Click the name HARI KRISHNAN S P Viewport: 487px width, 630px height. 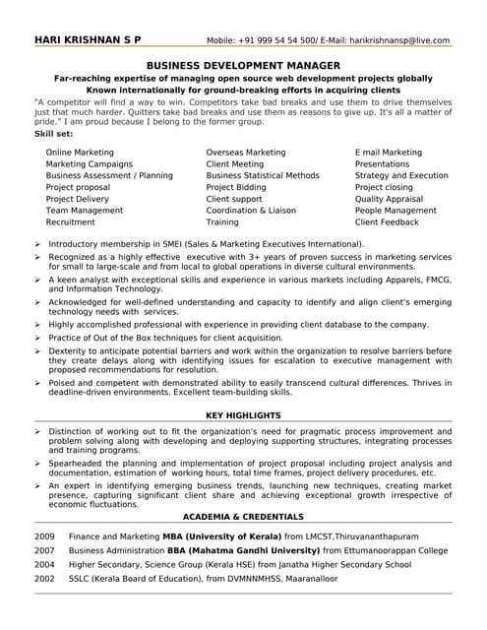88,40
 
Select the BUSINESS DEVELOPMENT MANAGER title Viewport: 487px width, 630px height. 243,63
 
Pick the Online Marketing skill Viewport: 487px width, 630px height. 80,153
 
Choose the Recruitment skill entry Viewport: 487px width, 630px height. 71,222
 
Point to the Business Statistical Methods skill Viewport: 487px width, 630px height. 263,175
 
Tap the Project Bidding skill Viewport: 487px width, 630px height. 236,187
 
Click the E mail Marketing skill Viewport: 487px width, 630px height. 389,153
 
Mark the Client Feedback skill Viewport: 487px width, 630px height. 387,222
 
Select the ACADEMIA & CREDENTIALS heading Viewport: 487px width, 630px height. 242,517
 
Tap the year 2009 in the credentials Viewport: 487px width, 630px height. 44,535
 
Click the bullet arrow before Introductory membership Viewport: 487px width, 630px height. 37,242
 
